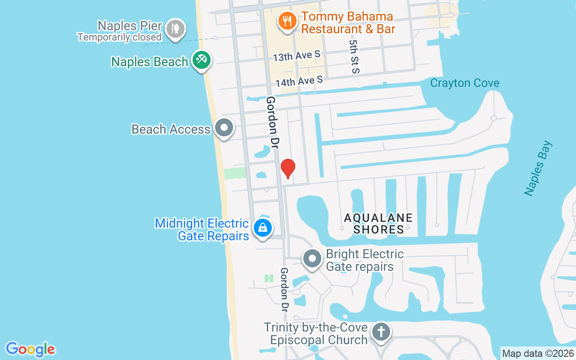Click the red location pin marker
pos(288,168)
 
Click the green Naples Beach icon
pos(201,60)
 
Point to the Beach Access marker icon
pos(224,128)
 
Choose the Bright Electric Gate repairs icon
pos(312,259)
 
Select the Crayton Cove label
pos(464,83)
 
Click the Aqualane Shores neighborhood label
pos(378,224)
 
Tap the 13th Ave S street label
pos(297,57)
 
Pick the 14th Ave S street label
pos(299,81)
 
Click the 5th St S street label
pos(354,56)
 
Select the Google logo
pos(31,349)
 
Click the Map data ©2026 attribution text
pos(538,353)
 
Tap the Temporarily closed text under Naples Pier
pos(119,37)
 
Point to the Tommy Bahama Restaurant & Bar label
pos(348,23)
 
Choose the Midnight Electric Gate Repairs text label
pos(202,229)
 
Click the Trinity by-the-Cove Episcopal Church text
pos(316,333)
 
